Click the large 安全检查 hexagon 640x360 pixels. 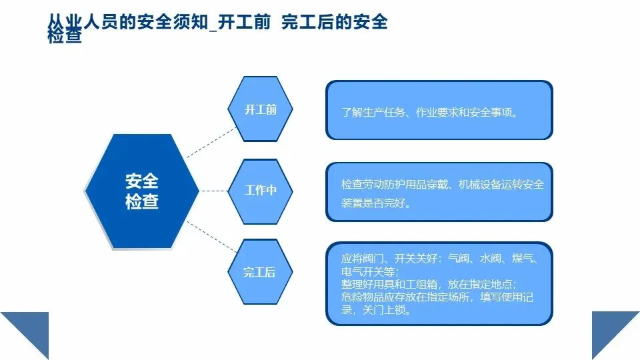[x=142, y=191]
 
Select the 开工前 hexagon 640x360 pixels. [x=261, y=109]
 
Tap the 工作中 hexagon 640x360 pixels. [x=261, y=191]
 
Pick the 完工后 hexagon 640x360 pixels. [x=260, y=271]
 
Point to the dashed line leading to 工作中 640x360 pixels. [x=213, y=191]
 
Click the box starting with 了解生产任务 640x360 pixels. [x=439, y=110]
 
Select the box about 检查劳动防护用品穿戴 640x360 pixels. [x=439, y=191]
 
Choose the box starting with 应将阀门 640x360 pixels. [x=439, y=283]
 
